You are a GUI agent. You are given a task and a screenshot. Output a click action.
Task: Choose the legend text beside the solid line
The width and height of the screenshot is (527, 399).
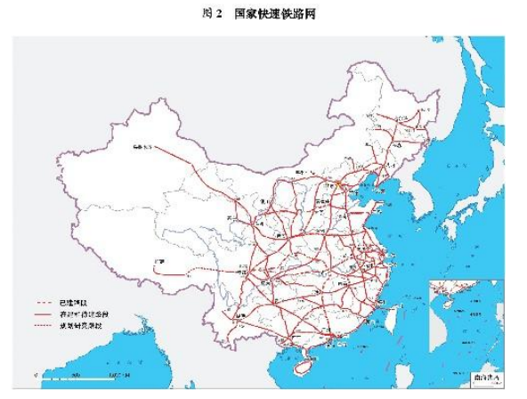pyautogui.click(x=85, y=314)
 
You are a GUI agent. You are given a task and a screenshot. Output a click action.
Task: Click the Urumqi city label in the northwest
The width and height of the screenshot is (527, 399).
pyautogui.click(x=142, y=144)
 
